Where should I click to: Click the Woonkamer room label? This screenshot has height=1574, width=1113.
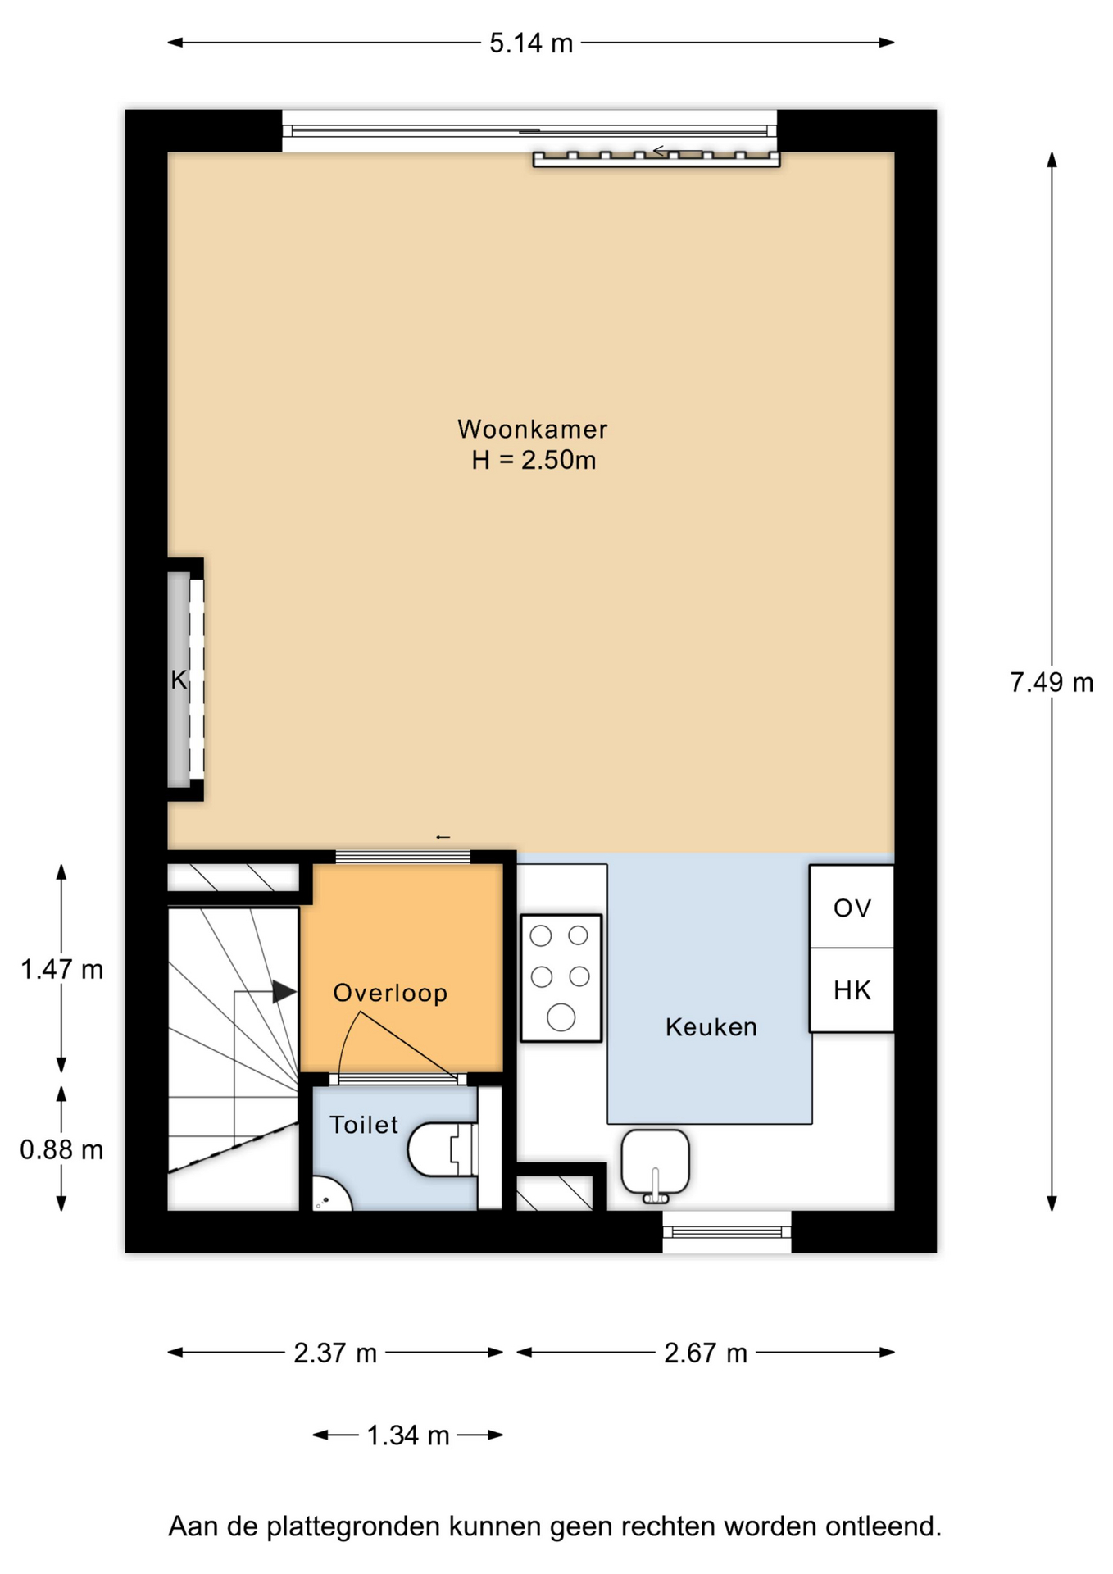pos(533,429)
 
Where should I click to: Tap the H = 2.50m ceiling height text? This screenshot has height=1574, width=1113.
pos(534,460)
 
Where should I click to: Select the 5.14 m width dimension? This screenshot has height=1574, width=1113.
pos(531,43)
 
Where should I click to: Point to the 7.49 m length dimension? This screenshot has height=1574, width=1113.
pos(1052,682)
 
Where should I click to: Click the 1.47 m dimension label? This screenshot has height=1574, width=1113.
pos(61,970)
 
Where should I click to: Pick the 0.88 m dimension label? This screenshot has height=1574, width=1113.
pos(61,1150)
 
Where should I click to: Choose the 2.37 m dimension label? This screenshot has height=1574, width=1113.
pos(335,1353)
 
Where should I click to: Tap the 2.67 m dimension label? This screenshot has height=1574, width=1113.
pos(706,1353)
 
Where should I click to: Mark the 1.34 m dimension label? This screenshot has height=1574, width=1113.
pos(408,1435)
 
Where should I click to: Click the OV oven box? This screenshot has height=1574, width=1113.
pos(852,907)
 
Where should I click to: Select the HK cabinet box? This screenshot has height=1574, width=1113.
pos(852,990)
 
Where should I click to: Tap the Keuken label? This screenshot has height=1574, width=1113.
pos(711,1027)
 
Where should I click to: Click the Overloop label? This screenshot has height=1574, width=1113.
pos(390,993)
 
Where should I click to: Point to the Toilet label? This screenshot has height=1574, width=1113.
pos(364,1125)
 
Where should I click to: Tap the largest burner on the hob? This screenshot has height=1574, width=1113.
pos(561,1017)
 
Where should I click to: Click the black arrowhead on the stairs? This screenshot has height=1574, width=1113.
pos(284,992)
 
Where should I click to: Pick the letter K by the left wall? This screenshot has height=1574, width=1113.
pos(179,680)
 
